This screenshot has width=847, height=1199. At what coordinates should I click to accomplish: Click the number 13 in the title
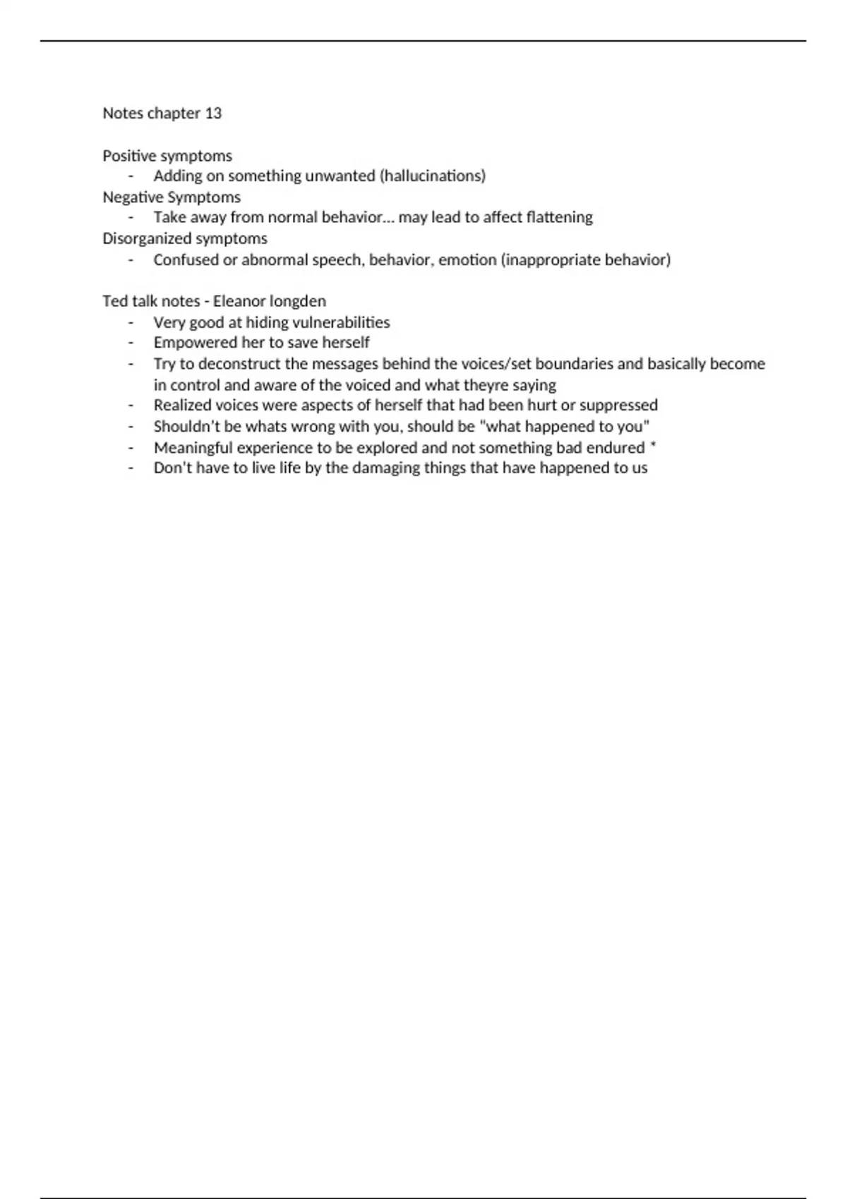[x=213, y=114]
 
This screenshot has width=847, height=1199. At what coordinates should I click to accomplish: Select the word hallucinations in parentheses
[x=433, y=176]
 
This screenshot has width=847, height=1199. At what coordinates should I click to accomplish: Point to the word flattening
[x=560, y=217]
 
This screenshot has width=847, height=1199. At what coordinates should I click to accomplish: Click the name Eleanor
[x=239, y=301]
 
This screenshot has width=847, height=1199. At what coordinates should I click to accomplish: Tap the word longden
[x=298, y=301]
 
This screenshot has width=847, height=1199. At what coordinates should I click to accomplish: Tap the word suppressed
[x=618, y=406]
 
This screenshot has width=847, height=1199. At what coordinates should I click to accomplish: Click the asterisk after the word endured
[x=653, y=447]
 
